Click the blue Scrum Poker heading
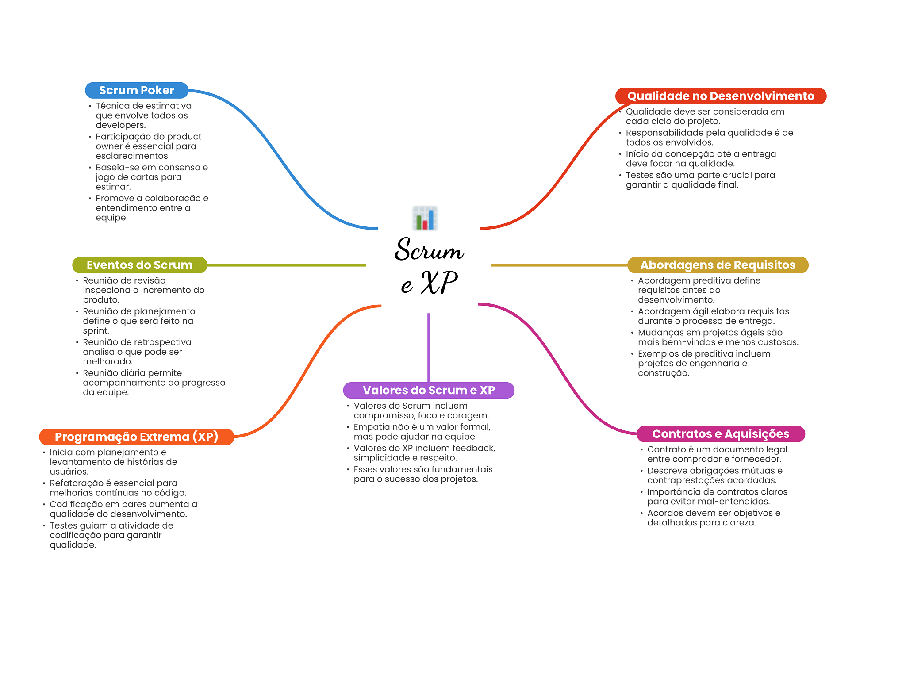[137, 90]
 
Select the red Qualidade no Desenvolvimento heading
[721, 96]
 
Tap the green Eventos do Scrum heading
[140, 265]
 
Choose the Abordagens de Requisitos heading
[718, 265]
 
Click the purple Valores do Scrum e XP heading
[429, 390]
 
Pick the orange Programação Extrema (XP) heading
[137, 437]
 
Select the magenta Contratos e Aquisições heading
[721, 434]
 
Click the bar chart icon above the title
[425, 218]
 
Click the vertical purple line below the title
[429, 348]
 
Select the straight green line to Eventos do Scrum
[287, 265]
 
